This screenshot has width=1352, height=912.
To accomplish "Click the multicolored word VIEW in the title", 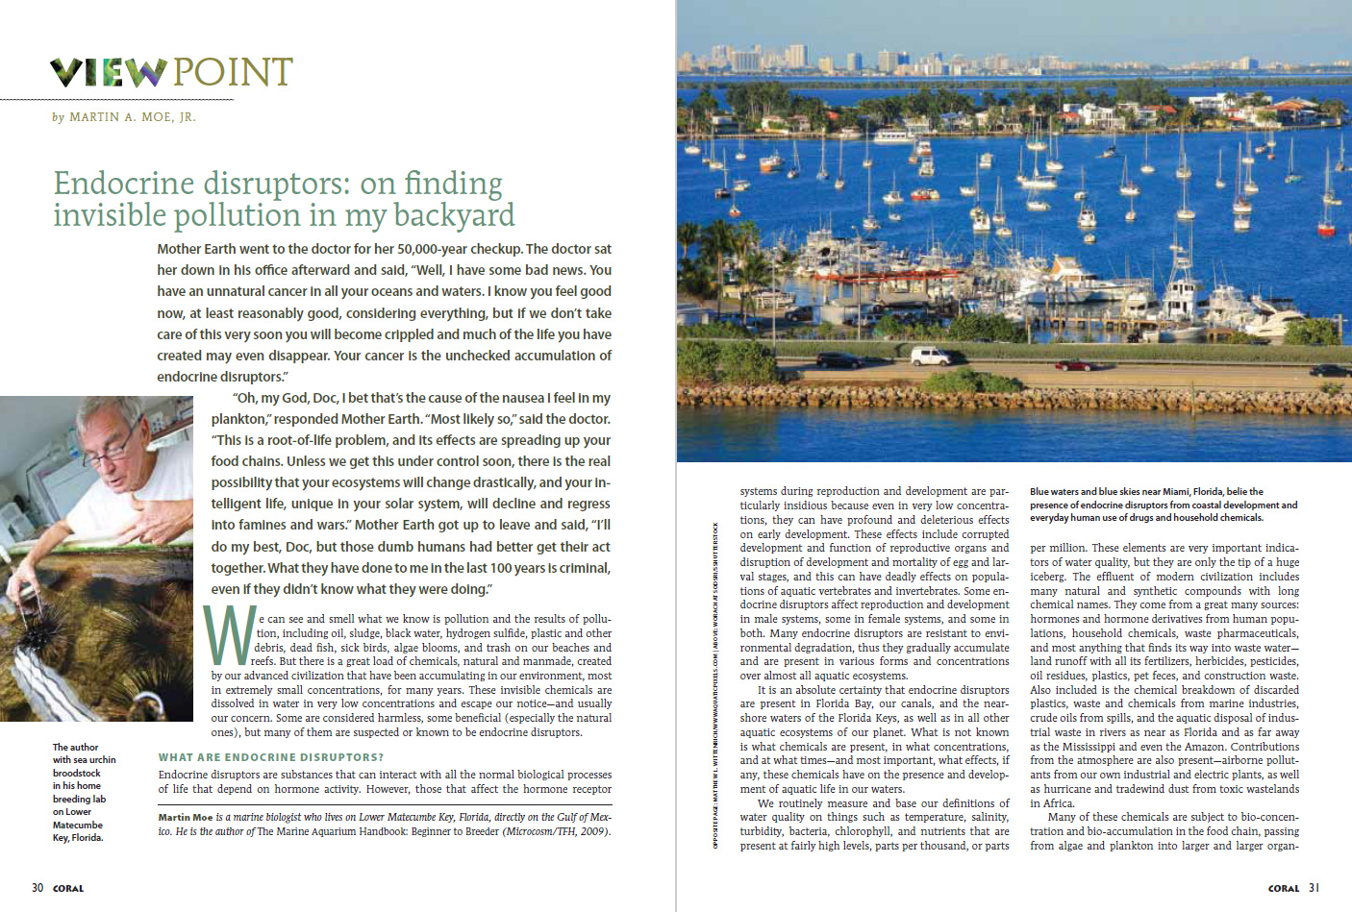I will coord(108,72).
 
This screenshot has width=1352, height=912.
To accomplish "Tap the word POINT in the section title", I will coord(233,72).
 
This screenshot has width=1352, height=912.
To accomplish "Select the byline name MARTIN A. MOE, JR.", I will coord(132,117).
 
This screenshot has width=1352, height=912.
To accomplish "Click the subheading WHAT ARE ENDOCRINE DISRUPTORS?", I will coord(271,757).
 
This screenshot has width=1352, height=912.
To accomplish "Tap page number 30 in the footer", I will coord(38,888).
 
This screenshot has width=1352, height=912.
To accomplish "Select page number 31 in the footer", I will coord(1314,888).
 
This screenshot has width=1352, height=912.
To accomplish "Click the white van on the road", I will coord(930,356).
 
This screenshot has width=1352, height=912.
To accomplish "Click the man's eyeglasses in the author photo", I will coord(117,449).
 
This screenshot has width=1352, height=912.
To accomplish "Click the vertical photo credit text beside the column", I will coord(715,684).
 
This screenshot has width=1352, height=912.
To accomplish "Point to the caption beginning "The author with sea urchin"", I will coord(84,792).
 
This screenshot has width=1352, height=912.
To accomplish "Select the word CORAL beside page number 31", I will coord(1283,888).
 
